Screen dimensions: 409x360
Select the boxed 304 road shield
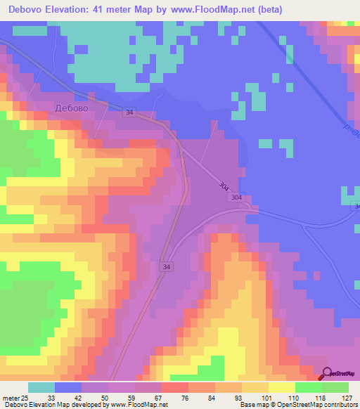(236, 198)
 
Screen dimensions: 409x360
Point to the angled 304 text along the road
(224, 187)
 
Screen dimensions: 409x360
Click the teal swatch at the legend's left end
(41, 387)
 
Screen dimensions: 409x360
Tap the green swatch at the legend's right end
(335, 387)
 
